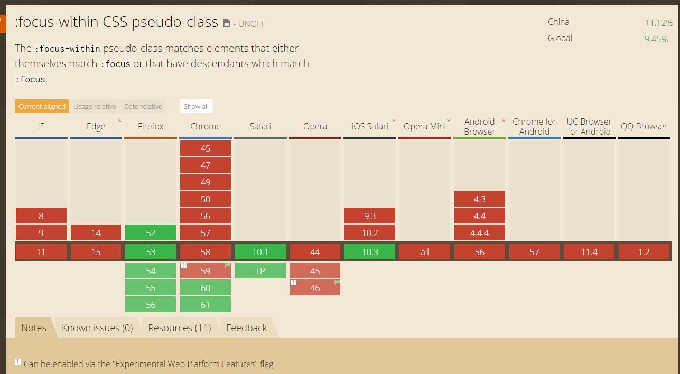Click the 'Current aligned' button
[42, 106]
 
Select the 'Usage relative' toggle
[95, 106]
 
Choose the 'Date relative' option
[143, 106]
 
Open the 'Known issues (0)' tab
[97, 328]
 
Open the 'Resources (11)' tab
[180, 328]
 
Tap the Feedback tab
[247, 328]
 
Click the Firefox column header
[151, 126]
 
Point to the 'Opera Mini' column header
[425, 126]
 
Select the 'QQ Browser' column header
[644, 126]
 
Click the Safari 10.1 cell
[260, 252]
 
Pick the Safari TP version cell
[260, 271]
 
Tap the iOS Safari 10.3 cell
[370, 252]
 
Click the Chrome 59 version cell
[206, 271]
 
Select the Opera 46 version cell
[315, 288]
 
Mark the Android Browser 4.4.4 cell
[480, 233]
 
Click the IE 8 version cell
[41, 216]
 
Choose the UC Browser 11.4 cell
[589, 252]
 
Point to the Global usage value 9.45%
[656, 39]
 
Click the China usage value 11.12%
[658, 23]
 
